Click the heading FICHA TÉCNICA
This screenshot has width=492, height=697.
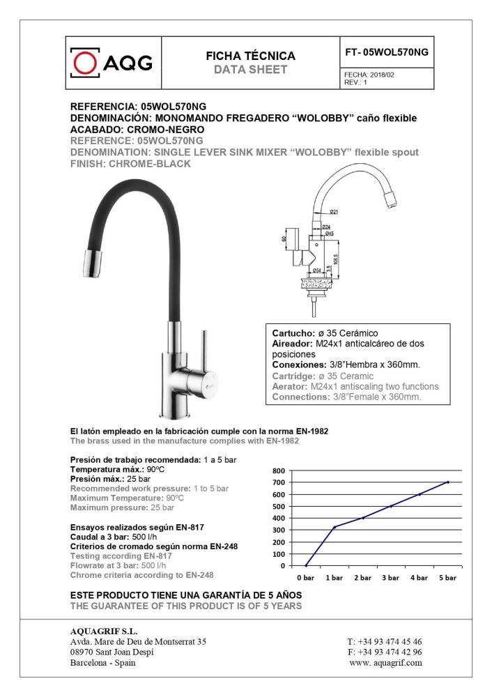click(x=250, y=56)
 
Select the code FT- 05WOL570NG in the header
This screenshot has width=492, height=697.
click(x=387, y=52)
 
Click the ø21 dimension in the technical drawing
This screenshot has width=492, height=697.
click(x=334, y=212)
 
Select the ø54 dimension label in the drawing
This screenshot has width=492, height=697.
click(x=316, y=270)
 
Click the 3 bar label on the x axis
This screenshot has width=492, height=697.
click(x=391, y=578)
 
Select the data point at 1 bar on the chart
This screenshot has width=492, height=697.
click(x=335, y=527)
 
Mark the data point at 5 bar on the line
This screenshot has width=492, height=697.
click(x=447, y=482)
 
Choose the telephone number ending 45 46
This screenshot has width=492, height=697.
click(x=384, y=641)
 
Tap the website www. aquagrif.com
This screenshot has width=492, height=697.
click(x=385, y=663)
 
